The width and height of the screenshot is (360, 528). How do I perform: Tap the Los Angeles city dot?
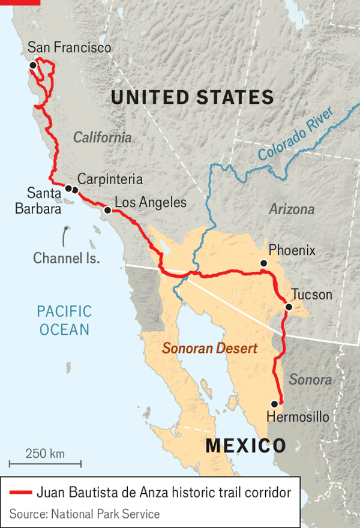coord(107,211)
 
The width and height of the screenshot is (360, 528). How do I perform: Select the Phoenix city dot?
coord(263,263)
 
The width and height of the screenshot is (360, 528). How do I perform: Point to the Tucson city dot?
coord(289,307)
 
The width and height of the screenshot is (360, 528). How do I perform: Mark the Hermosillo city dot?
coord(275,403)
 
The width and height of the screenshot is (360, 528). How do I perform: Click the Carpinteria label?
coord(110,179)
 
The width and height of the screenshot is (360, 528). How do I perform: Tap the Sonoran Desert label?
coord(210,348)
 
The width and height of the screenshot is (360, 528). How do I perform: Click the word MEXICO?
coord(245,445)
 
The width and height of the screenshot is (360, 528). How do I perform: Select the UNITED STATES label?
coord(192,97)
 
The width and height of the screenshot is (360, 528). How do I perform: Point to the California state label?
coord(102,137)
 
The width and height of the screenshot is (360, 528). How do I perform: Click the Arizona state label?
coord(291,209)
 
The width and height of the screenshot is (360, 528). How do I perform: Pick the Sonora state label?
coord(310,379)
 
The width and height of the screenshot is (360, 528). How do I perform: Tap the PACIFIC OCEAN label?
coord(64,320)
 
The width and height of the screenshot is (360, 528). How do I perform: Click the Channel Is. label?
coord(66,258)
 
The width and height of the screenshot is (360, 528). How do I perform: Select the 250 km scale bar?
coord(46,463)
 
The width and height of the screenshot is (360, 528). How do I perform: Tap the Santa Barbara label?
coord(44,201)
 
